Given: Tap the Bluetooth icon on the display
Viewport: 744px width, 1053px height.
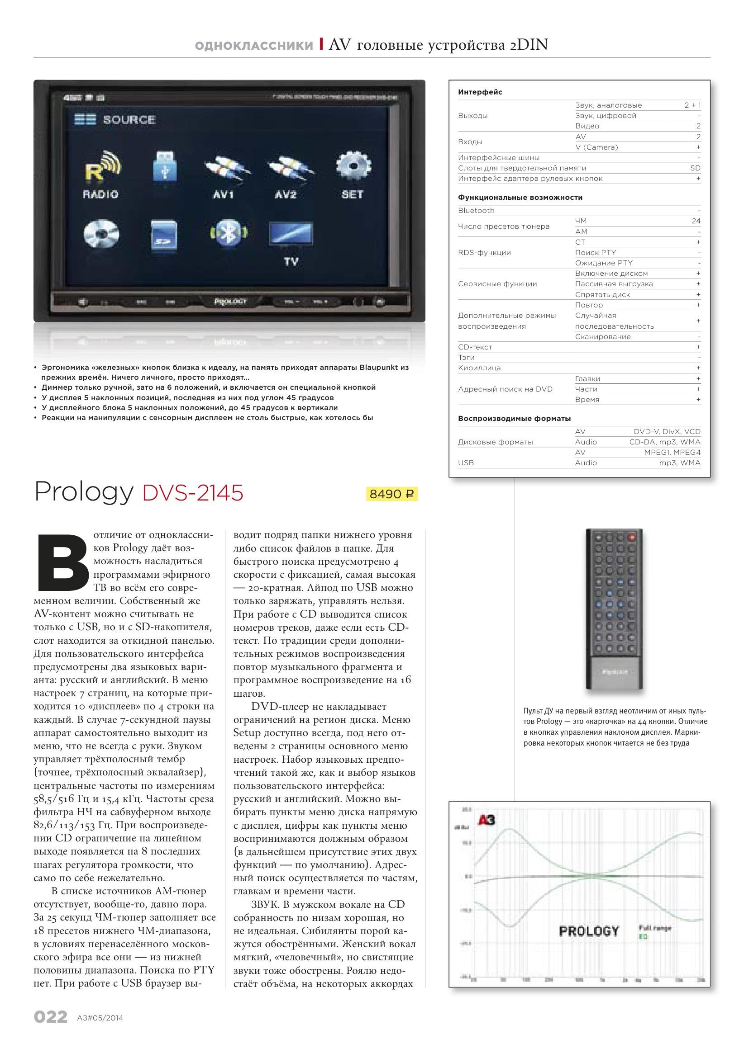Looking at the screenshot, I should tap(229, 234).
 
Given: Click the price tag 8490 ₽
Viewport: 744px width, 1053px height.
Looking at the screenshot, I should tap(391, 494).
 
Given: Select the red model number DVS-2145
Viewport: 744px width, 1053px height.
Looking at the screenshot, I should tap(193, 493).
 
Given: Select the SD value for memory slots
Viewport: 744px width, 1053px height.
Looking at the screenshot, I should tap(695, 168).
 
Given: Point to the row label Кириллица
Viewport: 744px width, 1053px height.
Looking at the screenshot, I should tap(479, 368).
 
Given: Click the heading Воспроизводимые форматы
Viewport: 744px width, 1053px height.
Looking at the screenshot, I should tap(514, 419).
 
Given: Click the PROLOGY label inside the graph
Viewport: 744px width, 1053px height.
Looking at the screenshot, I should tap(589, 931).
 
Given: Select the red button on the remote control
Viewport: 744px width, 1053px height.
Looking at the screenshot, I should tap(632, 536).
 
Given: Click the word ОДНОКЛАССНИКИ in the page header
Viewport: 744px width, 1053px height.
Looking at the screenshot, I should tap(254, 45).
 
